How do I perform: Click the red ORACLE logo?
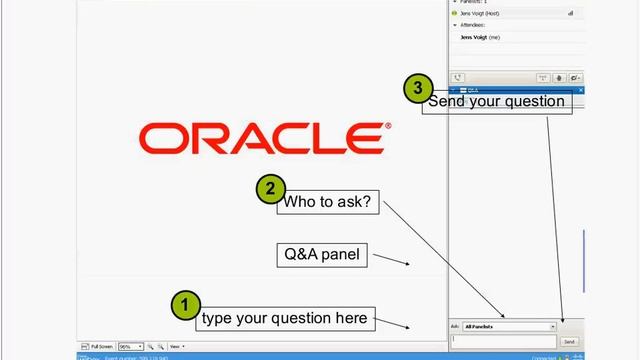tap(266, 139)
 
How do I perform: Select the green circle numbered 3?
tap(419, 88)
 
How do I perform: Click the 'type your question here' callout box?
tap(286, 319)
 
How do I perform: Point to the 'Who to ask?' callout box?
tap(328, 203)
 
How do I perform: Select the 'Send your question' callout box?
tap(497, 102)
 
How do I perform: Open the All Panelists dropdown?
tap(509, 326)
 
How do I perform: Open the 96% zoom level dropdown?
tap(131, 346)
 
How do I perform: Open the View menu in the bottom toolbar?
tap(176, 346)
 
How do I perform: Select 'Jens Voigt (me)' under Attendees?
tap(480, 37)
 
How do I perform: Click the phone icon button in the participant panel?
tap(458, 77)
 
